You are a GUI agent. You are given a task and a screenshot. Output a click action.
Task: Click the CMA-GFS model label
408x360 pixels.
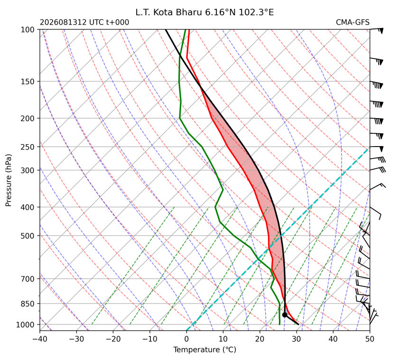pos(352,22)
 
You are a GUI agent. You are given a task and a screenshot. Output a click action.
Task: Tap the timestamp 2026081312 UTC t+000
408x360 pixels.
pos(84,22)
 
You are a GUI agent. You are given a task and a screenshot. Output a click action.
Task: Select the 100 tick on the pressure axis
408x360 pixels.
pos(28,30)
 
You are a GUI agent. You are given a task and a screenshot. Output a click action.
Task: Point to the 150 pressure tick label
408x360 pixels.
pos(28,82)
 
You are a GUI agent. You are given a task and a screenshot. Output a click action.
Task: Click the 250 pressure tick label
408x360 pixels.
pos(28,147)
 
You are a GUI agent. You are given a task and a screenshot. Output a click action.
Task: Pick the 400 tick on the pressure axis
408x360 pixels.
pos(28,207)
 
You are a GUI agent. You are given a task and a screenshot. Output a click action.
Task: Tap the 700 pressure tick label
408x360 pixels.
pos(28,279)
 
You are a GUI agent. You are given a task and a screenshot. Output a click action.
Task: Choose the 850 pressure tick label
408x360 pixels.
pos(28,304)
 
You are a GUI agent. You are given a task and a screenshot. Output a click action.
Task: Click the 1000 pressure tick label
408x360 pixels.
pos(25,324)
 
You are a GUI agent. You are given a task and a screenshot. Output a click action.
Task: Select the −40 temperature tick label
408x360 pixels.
pos(40,339)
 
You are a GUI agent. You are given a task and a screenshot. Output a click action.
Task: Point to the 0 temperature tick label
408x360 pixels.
pos(186,339)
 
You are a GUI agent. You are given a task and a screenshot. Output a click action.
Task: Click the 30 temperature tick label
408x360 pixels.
pos(297,339)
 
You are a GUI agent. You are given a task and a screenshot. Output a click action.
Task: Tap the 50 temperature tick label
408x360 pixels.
pos(370,339)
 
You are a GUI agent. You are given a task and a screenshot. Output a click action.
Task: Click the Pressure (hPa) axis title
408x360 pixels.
pos(9,180)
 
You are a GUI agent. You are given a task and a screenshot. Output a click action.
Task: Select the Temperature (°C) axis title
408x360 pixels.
pos(205,350)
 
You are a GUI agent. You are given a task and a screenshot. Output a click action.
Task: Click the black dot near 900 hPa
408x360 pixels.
pos(285,315)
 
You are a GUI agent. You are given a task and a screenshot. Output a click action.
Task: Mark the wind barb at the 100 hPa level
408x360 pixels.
pos(377,30)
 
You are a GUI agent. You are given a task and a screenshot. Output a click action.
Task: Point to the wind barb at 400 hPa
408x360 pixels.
pos(375,213)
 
